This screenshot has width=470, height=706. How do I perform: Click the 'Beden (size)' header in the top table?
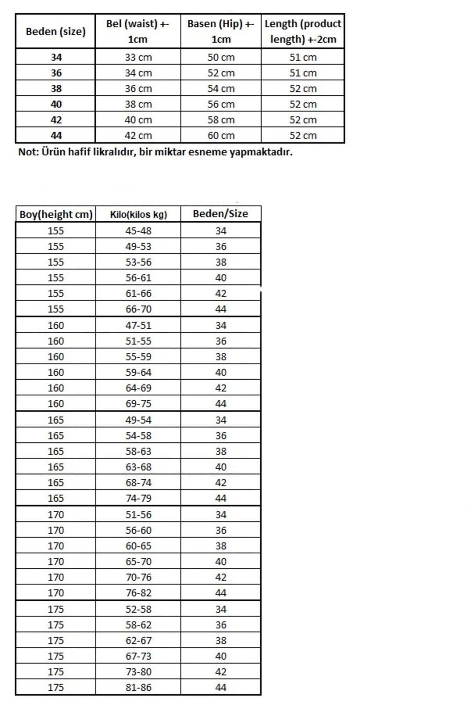click(x=56, y=32)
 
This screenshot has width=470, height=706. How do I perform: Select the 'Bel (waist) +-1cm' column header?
click(x=138, y=31)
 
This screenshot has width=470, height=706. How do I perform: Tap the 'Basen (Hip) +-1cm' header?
click(x=221, y=31)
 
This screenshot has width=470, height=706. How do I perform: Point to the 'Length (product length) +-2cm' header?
click(x=303, y=31)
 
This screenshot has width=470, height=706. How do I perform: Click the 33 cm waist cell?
click(x=138, y=57)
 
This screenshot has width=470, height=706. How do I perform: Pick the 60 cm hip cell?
click(x=221, y=136)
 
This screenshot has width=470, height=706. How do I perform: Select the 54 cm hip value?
click(x=221, y=89)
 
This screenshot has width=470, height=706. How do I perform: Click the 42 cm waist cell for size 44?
click(x=138, y=136)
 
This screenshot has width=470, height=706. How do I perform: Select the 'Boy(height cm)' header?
click(x=56, y=215)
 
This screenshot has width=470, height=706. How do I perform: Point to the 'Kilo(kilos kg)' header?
click(x=138, y=215)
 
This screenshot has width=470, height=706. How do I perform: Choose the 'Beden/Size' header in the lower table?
click(x=221, y=214)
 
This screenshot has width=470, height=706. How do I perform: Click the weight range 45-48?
click(x=138, y=231)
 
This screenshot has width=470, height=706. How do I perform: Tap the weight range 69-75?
click(x=138, y=404)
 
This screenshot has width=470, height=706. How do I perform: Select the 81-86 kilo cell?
click(x=138, y=687)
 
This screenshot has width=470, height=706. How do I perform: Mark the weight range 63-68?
click(x=138, y=467)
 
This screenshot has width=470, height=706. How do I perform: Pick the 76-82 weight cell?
click(x=138, y=593)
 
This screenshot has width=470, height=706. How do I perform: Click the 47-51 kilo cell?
click(x=138, y=326)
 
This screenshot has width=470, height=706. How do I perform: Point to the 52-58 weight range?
click(x=138, y=609)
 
